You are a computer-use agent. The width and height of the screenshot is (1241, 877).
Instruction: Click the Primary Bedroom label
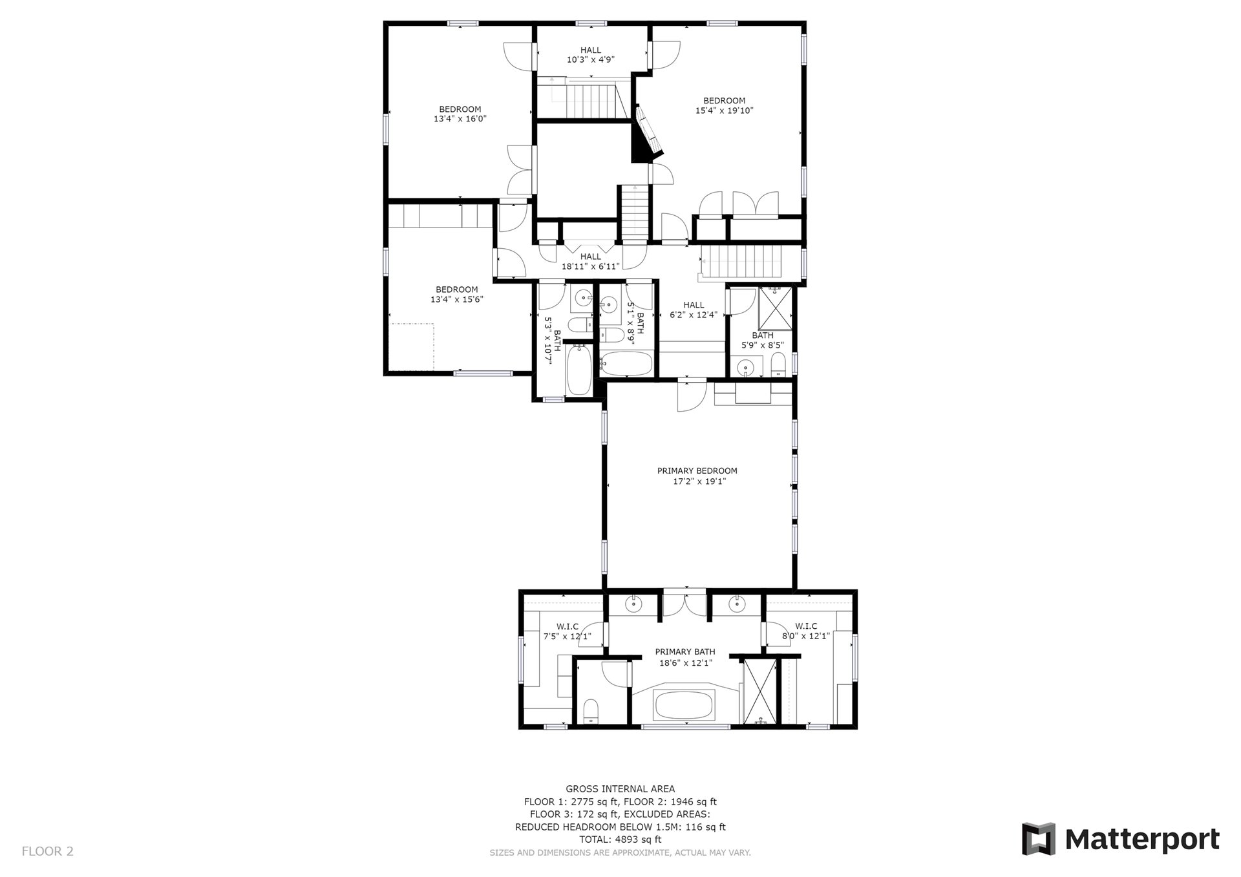[x=697, y=476]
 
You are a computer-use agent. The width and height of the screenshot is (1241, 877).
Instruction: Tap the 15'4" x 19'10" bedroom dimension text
[x=724, y=111]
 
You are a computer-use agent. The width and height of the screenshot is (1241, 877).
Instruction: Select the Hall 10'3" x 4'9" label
[x=590, y=54]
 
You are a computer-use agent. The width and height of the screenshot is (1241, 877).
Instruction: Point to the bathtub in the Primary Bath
[x=684, y=705]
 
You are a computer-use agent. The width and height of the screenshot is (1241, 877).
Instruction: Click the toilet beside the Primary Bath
[x=591, y=711]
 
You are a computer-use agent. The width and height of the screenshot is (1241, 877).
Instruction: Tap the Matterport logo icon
[x=1038, y=839]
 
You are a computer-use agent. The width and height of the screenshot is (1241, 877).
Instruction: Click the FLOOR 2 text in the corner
[x=48, y=851]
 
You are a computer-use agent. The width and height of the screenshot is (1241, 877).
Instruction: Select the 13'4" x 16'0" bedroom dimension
[x=460, y=119]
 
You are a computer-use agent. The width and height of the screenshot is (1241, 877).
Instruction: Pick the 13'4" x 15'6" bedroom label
[x=456, y=294]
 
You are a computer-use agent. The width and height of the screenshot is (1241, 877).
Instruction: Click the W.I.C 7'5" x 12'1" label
[x=567, y=631]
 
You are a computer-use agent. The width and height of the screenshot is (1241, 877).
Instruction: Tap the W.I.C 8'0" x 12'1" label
[x=806, y=631]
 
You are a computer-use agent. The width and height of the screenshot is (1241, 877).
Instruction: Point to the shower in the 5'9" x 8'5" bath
[x=774, y=308]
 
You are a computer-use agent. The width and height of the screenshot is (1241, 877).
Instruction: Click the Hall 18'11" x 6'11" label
[x=590, y=261]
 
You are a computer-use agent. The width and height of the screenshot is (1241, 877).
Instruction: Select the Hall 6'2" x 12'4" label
[x=694, y=310]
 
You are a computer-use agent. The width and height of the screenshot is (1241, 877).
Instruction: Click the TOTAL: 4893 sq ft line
[x=620, y=840]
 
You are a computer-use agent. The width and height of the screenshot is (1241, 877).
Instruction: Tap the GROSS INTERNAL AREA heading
[x=620, y=788]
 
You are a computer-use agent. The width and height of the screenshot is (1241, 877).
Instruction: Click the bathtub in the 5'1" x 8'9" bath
[x=626, y=363]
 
